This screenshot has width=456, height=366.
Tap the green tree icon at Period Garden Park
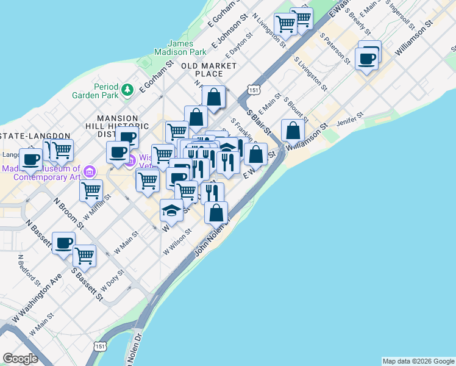tap(127, 90)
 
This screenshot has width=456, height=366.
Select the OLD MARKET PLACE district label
tap(209, 69)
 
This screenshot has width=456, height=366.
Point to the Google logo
tap(20, 359)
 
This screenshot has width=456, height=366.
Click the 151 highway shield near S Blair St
tap(252, 90)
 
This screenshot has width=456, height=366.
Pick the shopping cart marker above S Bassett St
tap(84, 256)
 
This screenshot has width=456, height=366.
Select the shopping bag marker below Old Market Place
tap(213, 96)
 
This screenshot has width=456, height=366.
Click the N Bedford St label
tap(29, 270)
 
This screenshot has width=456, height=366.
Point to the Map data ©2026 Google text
tap(418, 361)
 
